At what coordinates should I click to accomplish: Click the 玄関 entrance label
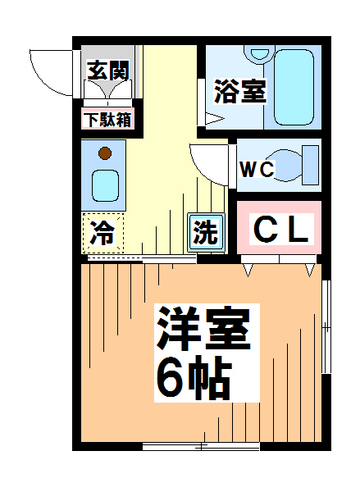108,71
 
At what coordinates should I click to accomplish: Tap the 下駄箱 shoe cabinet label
110,120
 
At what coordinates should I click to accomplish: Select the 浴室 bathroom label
239,90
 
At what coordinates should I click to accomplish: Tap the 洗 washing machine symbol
205,232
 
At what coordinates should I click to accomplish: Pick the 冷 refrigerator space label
102,234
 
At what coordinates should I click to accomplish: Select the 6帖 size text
194,377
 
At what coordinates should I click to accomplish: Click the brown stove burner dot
104,153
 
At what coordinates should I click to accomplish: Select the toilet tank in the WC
310,166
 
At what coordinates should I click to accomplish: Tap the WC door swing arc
205,162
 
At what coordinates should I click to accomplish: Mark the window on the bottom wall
201,447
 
